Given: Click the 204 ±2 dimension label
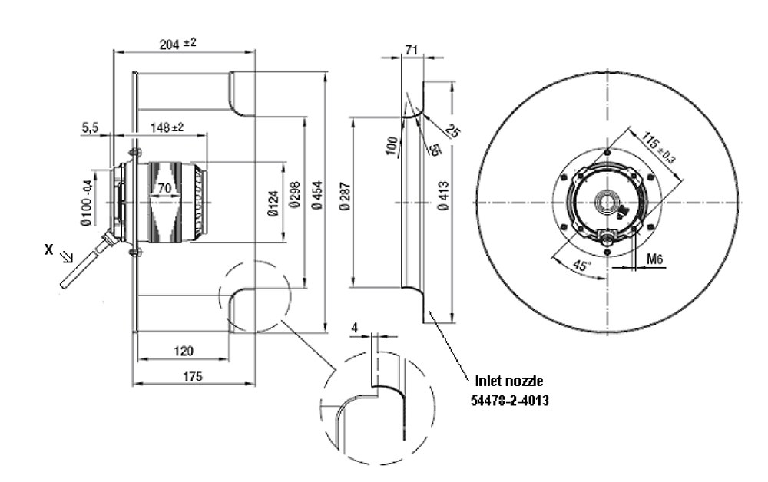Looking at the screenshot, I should point(177,44).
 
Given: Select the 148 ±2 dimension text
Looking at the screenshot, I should point(166,127).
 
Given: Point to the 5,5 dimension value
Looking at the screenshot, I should point(90,127).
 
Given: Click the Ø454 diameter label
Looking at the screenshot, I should point(315,201).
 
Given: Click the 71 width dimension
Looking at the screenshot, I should point(412,50).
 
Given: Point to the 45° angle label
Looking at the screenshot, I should point(584,266).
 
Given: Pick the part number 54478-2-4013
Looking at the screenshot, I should point(511,400).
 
